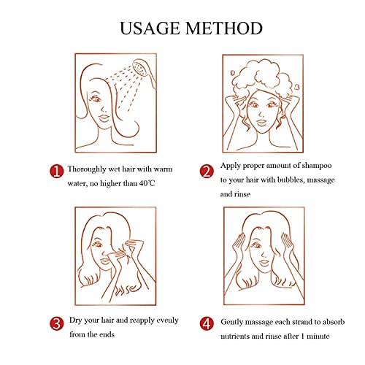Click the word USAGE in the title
[150, 28]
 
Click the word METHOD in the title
[224, 28]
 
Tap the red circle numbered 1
[56, 172]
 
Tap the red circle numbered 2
[207, 171]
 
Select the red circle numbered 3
[57, 323]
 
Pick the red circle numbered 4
[207, 323]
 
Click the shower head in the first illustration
[144, 72]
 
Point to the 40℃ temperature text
[147, 183]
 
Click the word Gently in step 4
[232, 323]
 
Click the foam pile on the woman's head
[263, 76]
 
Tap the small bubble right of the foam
[296, 87]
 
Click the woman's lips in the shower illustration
[104, 118]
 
